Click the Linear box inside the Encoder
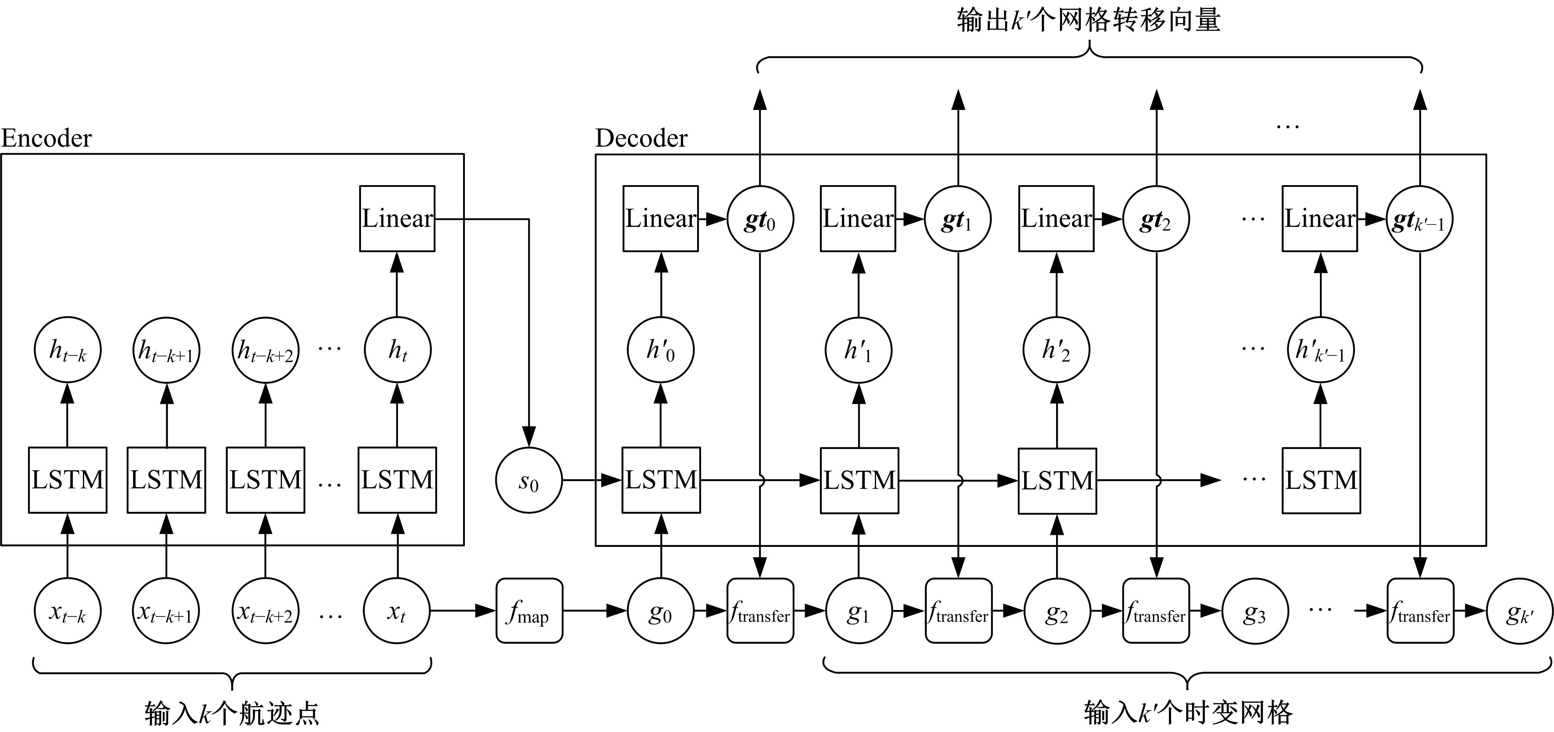(x=397, y=218)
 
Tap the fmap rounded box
(x=529, y=611)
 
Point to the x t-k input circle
(x=67, y=611)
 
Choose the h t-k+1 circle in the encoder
(x=167, y=350)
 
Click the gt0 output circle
(x=760, y=219)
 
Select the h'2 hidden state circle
(x=1056, y=350)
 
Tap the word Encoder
(x=46, y=138)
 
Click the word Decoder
(x=641, y=138)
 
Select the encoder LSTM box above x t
(x=397, y=480)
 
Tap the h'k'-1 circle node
(x=1321, y=350)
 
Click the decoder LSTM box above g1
(x=859, y=480)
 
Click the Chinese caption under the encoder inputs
(x=232, y=713)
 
